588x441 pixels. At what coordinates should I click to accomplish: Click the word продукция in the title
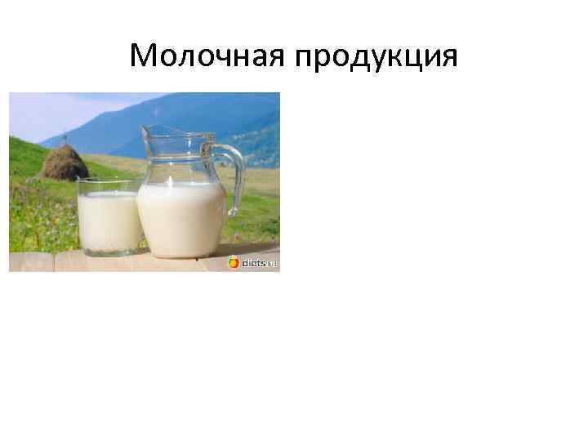point(377,57)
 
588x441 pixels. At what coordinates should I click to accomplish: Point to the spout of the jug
point(148,131)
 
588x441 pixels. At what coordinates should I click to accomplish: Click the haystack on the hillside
point(65,163)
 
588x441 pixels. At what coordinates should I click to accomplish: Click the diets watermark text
point(256,263)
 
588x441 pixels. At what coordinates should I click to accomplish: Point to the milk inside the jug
point(181,216)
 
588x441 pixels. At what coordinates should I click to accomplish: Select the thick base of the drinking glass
point(110,250)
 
